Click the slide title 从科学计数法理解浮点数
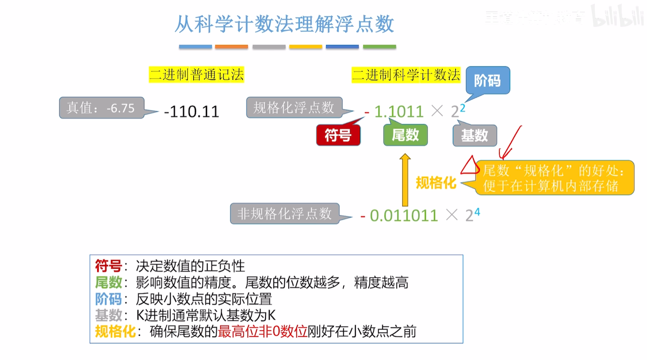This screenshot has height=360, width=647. click(x=284, y=24)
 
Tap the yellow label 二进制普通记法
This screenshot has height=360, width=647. click(x=196, y=75)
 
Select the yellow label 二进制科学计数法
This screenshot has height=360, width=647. click(x=406, y=75)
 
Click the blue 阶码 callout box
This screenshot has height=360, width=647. click(x=487, y=80)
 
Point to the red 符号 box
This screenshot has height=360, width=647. click(x=338, y=135)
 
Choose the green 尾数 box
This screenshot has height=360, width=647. click(x=405, y=135)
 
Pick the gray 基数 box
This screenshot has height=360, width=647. click(x=474, y=135)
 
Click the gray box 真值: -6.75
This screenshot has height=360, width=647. click(x=101, y=108)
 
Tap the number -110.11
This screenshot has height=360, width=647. click(x=192, y=112)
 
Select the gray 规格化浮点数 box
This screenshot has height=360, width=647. click(x=294, y=108)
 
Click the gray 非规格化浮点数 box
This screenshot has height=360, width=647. click(x=285, y=214)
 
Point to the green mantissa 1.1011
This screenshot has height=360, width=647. click(x=399, y=112)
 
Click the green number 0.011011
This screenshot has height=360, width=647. click(x=404, y=216)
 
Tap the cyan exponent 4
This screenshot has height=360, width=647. click(x=477, y=212)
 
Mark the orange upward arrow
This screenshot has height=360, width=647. click(x=405, y=180)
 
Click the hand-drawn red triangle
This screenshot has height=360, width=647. click(x=470, y=166)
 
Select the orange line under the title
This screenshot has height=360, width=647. click(x=231, y=47)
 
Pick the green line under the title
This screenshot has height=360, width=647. click(x=379, y=47)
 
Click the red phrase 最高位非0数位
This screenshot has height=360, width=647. click(x=262, y=331)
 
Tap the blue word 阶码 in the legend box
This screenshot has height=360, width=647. click(x=108, y=299)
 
